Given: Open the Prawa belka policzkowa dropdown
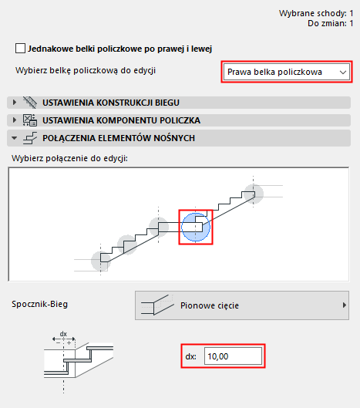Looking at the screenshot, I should click(281, 72).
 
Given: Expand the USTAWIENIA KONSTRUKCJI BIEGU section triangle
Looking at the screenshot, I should click(14, 102).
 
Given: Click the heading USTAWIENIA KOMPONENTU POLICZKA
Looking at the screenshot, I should click(122, 120).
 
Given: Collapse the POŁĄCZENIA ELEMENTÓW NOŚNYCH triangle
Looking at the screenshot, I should click(14, 138).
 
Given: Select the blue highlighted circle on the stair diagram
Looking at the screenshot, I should click(195, 227).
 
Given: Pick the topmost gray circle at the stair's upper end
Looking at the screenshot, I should click(253, 193).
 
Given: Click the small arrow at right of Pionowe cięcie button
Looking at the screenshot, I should click(344, 305).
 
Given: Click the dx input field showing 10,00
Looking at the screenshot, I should click(234, 356).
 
